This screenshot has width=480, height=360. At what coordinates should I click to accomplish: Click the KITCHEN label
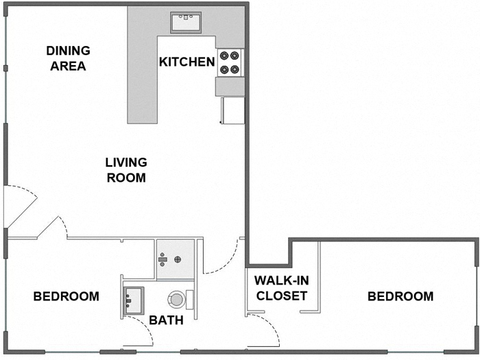point(187,62)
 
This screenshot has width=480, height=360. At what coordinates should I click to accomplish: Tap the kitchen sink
point(184,22)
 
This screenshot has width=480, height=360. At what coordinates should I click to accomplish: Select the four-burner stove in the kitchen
point(230,62)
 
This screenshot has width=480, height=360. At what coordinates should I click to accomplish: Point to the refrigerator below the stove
point(232,110)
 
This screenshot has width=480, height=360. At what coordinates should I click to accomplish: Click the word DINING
point(68,51)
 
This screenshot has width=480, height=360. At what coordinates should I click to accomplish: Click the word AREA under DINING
point(68,66)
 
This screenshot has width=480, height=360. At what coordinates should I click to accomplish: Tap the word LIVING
point(126,163)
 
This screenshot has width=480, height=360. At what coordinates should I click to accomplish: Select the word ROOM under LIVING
point(126,178)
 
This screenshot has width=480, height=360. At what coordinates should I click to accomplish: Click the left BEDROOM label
point(67,296)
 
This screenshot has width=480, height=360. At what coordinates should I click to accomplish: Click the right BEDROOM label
point(400,296)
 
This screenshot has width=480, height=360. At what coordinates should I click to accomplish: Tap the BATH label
point(166,320)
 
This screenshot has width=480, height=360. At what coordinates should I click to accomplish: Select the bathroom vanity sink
point(133,300)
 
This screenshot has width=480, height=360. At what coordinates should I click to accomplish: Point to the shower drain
point(178,259)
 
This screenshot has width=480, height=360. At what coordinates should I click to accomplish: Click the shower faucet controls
point(162,259)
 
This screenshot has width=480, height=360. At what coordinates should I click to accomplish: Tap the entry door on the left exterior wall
point(19,206)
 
